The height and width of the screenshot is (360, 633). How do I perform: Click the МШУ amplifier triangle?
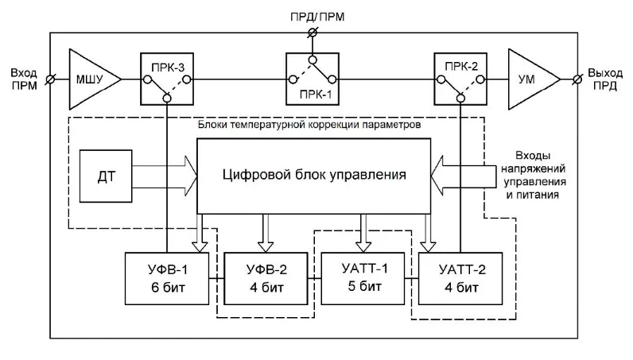pyautogui.click(x=91, y=79)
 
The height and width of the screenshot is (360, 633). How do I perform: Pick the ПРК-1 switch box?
pyautogui.click(x=313, y=79)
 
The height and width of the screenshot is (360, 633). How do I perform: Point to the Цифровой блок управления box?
pyautogui.click(x=316, y=174)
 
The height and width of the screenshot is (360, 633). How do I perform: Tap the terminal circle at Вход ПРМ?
pyautogui.click(x=51, y=79)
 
